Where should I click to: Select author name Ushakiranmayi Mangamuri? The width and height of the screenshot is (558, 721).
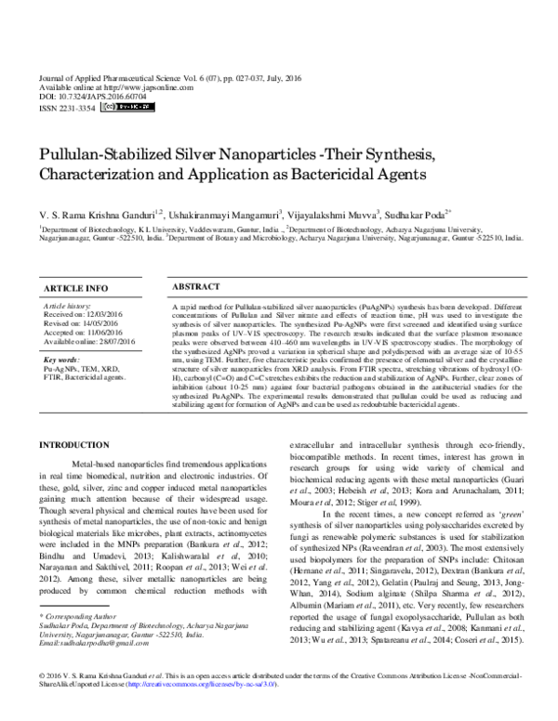point(227,215)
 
